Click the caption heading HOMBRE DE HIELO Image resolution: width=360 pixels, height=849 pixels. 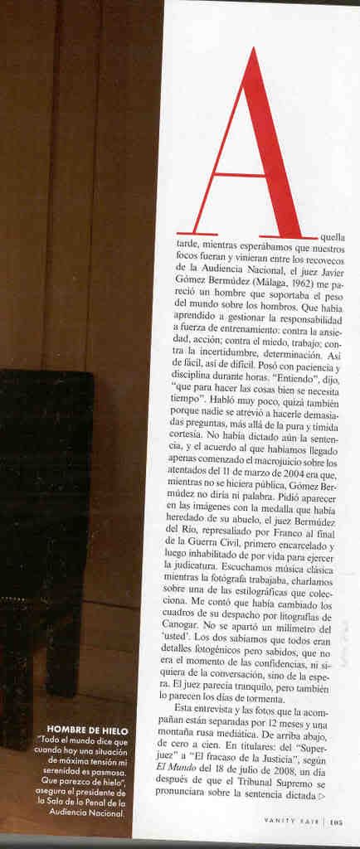[87, 730]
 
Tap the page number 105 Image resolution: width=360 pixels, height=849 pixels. [336, 823]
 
